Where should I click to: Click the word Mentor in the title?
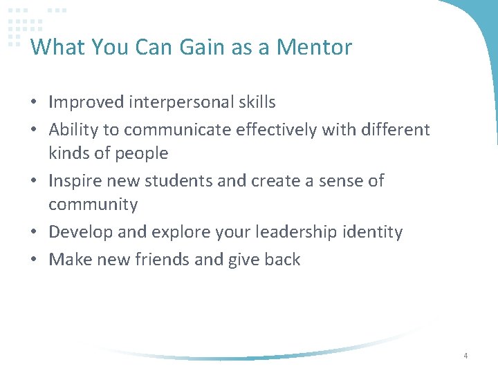click(x=314, y=47)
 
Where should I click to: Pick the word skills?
click(x=256, y=102)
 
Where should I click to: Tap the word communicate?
click(x=176, y=130)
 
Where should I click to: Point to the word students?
click(x=183, y=181)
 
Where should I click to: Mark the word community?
click(x=93, y=205)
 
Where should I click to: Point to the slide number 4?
click(x=465, y=356)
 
